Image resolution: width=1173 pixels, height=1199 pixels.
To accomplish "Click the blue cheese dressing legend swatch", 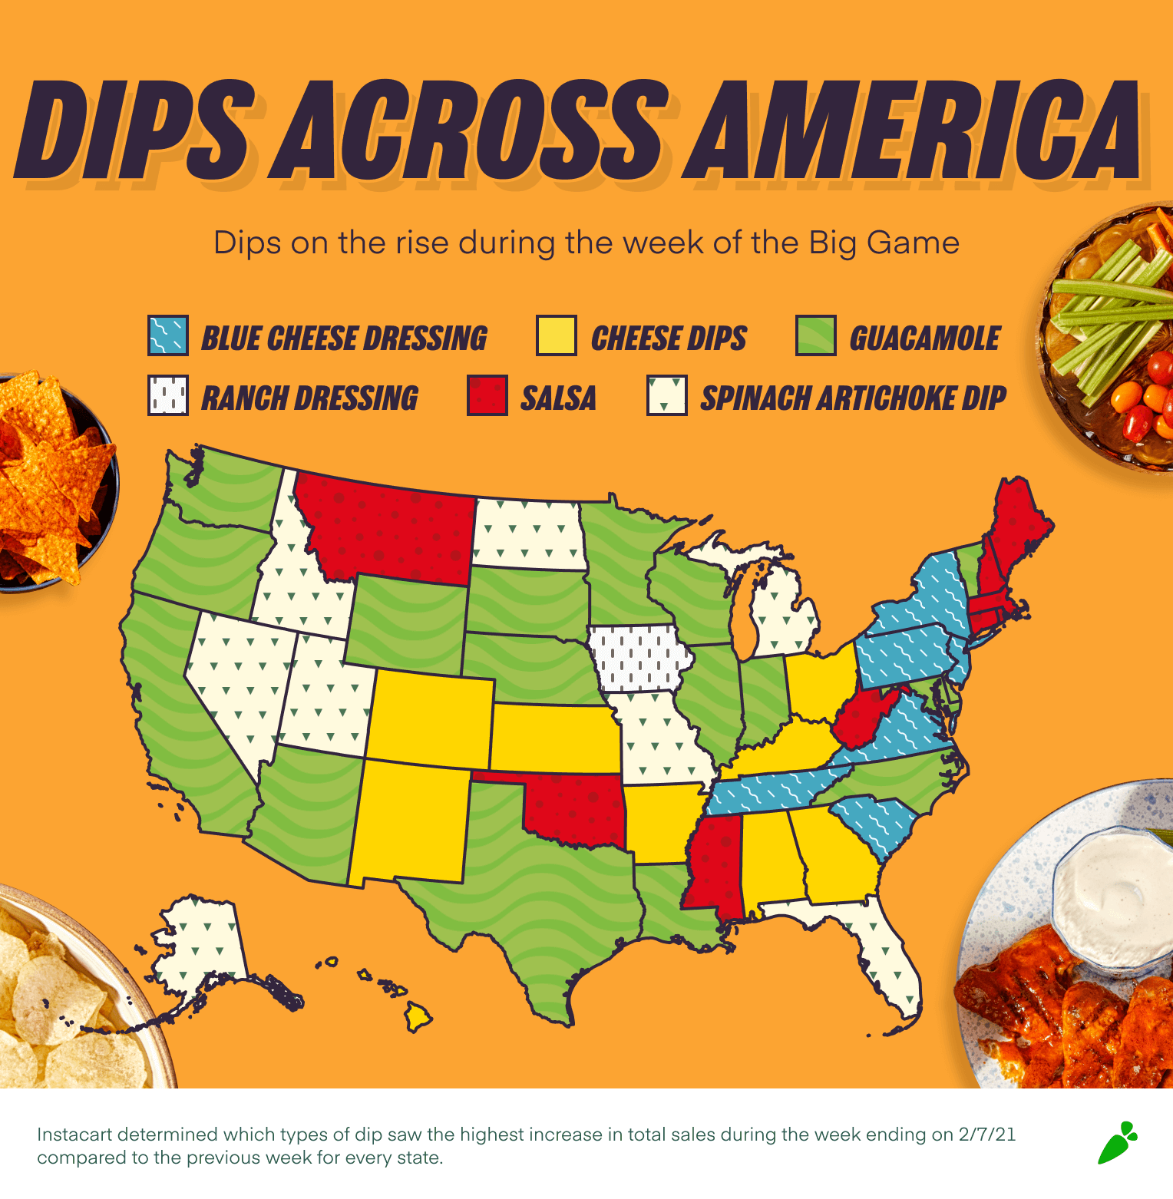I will coord(167,335).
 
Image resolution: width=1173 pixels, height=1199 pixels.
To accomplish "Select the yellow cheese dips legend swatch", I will coord(556,335).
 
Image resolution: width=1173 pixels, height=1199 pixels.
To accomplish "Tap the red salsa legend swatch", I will coord(487,395).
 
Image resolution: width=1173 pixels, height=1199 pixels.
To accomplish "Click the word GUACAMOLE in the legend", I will coord(924,339).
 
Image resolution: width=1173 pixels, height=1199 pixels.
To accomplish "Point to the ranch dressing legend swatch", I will coord(167,395).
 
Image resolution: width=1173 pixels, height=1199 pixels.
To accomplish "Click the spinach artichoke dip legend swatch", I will coord(666,395).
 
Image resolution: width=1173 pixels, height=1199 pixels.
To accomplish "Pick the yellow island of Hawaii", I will coord(418,1018).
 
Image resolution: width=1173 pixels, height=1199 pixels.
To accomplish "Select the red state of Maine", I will coord(1017,522).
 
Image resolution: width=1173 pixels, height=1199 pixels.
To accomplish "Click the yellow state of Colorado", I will coord(430,718).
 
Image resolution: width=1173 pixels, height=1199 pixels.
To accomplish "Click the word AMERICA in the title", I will coord(914,130).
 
